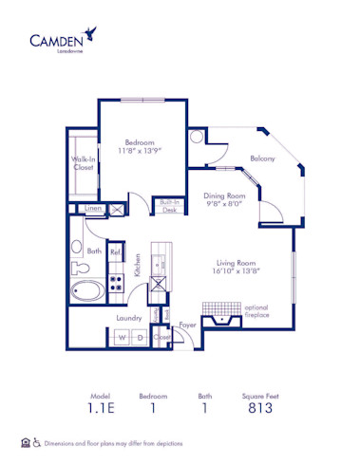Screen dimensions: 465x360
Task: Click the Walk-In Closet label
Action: point(83,163)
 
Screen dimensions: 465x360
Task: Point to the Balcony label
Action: point(262,158)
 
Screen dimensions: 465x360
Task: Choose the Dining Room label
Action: point(223,196)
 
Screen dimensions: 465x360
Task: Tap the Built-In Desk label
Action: point(169,206)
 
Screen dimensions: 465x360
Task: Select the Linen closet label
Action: point(92,209)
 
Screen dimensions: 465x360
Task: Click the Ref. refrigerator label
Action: point(115,253)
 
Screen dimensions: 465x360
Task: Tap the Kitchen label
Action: point(138,266)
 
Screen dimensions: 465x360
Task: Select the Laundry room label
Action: point(129,318)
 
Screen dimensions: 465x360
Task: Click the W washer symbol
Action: point(122,337)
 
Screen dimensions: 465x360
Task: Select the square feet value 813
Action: point(260,409)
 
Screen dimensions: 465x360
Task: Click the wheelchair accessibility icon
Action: point(37,443)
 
